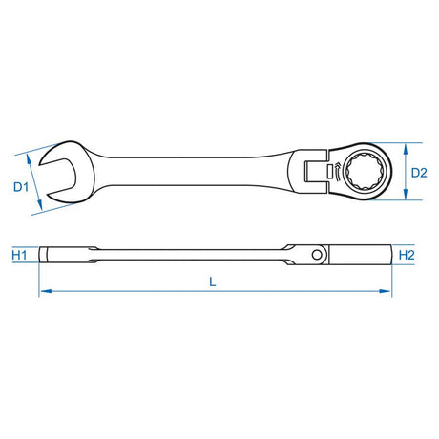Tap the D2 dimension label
point(417,173)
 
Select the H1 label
point(19,256)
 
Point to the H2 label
point(406,256)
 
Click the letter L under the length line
point(212,282)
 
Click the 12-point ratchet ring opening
point(364,172)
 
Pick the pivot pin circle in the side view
point(320,255)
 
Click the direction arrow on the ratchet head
point(333,172)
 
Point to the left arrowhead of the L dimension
point(42,293)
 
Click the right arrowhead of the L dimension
point(389,293)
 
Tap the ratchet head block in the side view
point(367,255)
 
